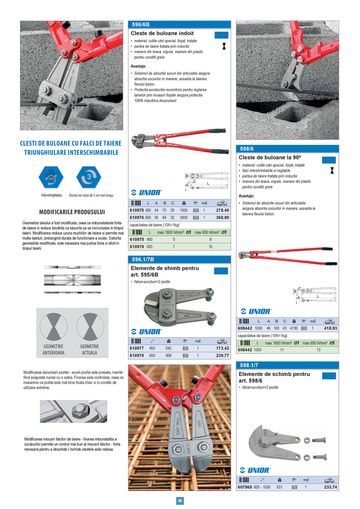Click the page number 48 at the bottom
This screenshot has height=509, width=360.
coord(180,501)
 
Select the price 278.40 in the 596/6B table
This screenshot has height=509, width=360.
coord(222,210)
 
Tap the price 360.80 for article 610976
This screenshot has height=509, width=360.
coord(222,218)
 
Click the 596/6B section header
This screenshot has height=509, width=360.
coord(143,24)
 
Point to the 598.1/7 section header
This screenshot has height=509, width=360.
coord(249,365)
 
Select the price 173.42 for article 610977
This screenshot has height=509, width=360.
coord(222,348)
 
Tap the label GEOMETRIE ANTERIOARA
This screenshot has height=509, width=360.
coord(54,349)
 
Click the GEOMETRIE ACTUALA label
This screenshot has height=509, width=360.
coord(90,349)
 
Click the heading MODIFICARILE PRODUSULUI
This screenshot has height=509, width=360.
coord(72,212)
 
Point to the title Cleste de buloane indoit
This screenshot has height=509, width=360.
coord(162,34)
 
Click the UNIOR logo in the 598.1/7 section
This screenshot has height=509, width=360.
coord(255,470)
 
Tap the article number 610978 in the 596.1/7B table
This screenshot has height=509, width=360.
coord(137,356)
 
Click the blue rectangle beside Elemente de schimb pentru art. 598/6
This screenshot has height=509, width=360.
coord(329,376)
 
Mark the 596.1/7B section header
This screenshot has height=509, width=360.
coord(143,259)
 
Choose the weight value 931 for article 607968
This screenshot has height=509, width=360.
coord(279,487)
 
